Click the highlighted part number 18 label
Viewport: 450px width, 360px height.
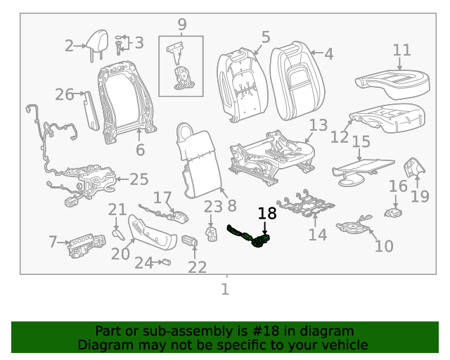pyautogui.click(x=267, y=214)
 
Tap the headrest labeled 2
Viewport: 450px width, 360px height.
pyautogui.click(x=96, y=42)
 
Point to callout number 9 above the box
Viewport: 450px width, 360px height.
pyautogui.click(x=181, y=25)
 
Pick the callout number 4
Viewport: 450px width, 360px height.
pyautogui.click(x=328, y=53)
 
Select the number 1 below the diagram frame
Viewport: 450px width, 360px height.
pyautogui.click(x=225, y=289)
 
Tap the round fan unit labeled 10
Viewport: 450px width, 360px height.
pyautogui.click(x=353, y=227)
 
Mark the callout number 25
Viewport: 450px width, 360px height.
pyautogui.click(x=139, y=179)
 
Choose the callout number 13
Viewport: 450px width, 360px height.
pyautogui.click(x=318, y=125)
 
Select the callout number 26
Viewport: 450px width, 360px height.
pyautogui.click(x=64, y=94)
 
